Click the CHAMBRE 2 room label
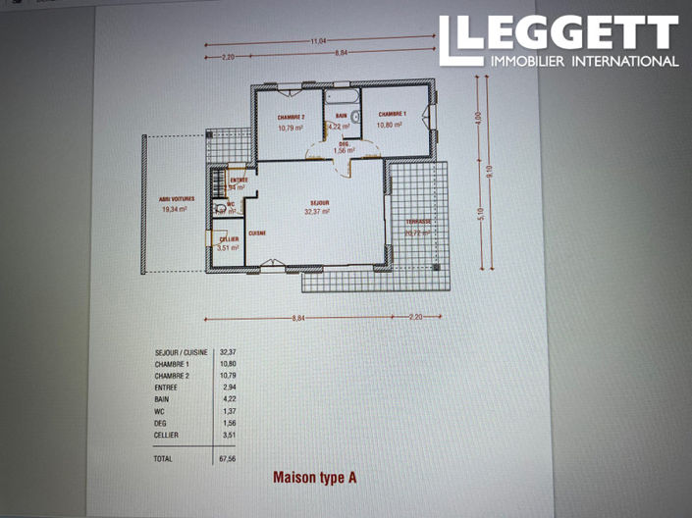pyautogui.click(x=292, y=117)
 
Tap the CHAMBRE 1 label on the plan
pyautogui.click(x=393, y=114)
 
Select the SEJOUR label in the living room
pyautogui.click(x=317, y=201)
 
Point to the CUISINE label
pyautogui.click(x=257, y=233)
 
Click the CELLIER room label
pyautogui.click(x=229, y=239)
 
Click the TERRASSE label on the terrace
pyautogui.click(x=419, y=222)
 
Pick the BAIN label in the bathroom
pyautogui.click(x=340, y=115)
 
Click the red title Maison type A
pyautogui.click(x=313, y=478)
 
